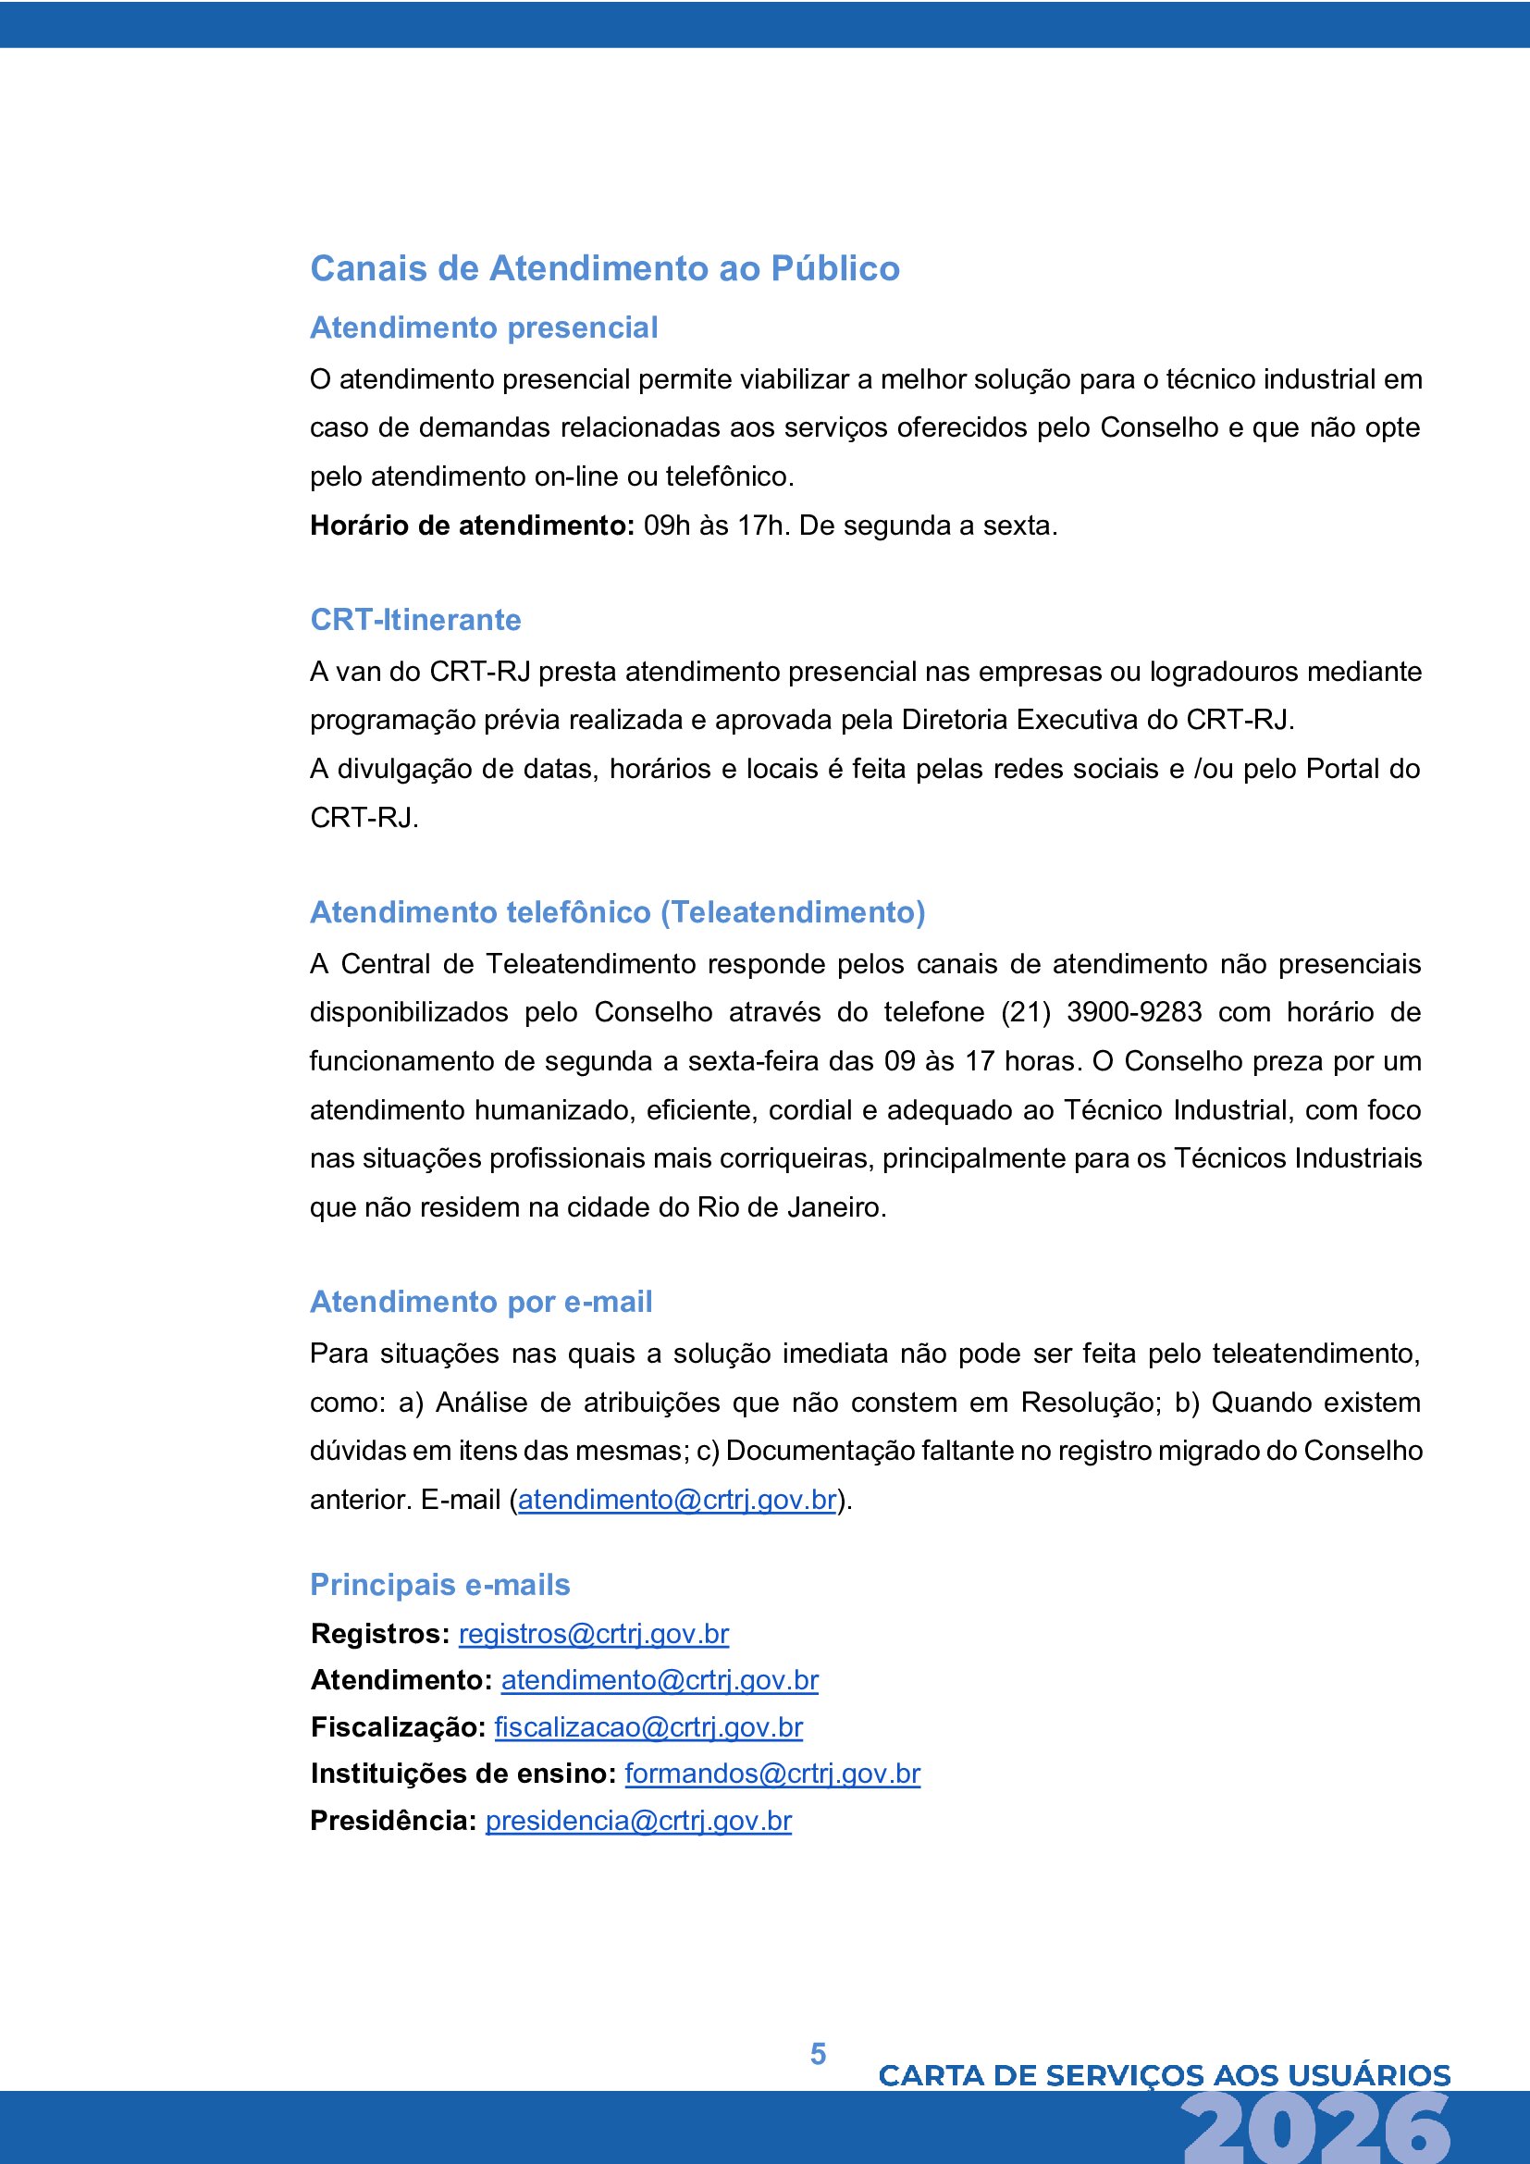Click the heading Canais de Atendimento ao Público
[605, 268]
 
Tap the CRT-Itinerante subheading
[415, 619]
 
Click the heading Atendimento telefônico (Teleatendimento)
[617, 911]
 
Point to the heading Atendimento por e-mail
[480, 1301]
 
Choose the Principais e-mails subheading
[440, 1584]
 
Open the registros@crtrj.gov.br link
[594, 1633]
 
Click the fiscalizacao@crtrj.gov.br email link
[648, 1726]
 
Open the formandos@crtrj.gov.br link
[771, 1773]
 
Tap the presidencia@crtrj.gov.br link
[638, 1820]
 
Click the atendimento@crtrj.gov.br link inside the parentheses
[676, 1499]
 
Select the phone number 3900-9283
[1133, 1011]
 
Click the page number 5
[818, 2054]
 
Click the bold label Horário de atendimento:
[472, 525]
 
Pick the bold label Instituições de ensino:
[463, 1773]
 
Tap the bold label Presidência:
[393, 1820]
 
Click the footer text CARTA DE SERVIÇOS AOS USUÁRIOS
[1164, 2074]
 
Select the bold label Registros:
[379, 1633]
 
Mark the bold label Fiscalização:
[398, 1726]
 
